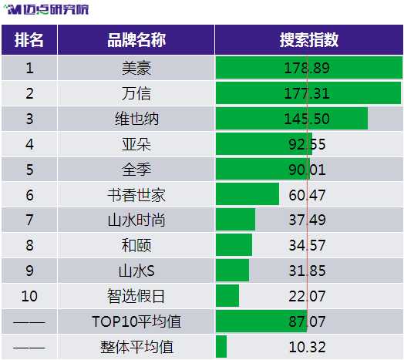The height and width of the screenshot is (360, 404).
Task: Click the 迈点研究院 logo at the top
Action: pos(46,9)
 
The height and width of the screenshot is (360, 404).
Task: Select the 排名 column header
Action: pos(29,40)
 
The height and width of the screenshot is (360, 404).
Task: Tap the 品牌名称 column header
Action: pos(136,40)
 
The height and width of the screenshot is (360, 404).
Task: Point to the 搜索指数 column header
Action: pos(309,40)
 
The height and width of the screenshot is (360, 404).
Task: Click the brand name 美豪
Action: pos(136,68)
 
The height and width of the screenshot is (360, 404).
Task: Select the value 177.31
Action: pos(307,93)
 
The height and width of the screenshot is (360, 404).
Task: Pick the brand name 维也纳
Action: pos(136,119)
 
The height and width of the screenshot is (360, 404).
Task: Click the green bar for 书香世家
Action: pos(247,194)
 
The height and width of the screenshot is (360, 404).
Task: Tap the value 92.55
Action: pos(307,144)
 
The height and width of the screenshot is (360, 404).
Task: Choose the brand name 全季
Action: pos(136,170)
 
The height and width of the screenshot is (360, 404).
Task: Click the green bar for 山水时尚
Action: pos(235,219)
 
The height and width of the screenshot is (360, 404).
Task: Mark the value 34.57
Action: pos(307,245)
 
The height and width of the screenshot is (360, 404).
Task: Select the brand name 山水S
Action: pos(136,271)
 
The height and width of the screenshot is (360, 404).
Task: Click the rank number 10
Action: pos(29,296)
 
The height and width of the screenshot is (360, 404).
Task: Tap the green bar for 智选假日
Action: pos(227,295)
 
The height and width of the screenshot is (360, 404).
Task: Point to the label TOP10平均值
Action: pos(136,321)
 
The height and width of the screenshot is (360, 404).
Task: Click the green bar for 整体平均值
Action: pos(221,347)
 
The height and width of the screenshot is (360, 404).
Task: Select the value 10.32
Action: pos(307,347)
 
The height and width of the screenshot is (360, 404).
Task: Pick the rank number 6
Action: pos(29,195)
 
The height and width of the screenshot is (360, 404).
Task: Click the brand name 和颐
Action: pos(136,245)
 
